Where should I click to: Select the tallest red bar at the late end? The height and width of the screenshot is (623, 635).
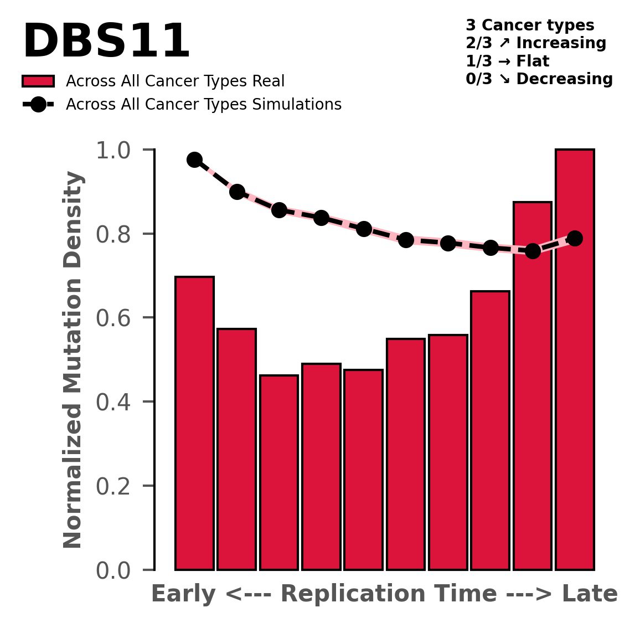point(575,360)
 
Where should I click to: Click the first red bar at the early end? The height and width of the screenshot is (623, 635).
point(194,423)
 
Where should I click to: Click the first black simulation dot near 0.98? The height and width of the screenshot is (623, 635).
point(194,159)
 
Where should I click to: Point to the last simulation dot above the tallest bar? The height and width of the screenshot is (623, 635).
point(575,238)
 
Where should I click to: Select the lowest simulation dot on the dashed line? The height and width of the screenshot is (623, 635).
point(533,251)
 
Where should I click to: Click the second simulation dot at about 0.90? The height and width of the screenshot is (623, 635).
point(237,192)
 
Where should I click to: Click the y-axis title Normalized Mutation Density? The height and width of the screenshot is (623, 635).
point(73,360)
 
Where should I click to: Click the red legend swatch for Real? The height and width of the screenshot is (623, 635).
point(38,81)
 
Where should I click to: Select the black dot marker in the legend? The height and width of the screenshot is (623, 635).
point(38,104)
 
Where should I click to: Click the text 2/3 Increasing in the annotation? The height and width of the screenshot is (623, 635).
point(536,43)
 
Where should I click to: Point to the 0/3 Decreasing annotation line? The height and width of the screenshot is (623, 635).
point(539,79)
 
